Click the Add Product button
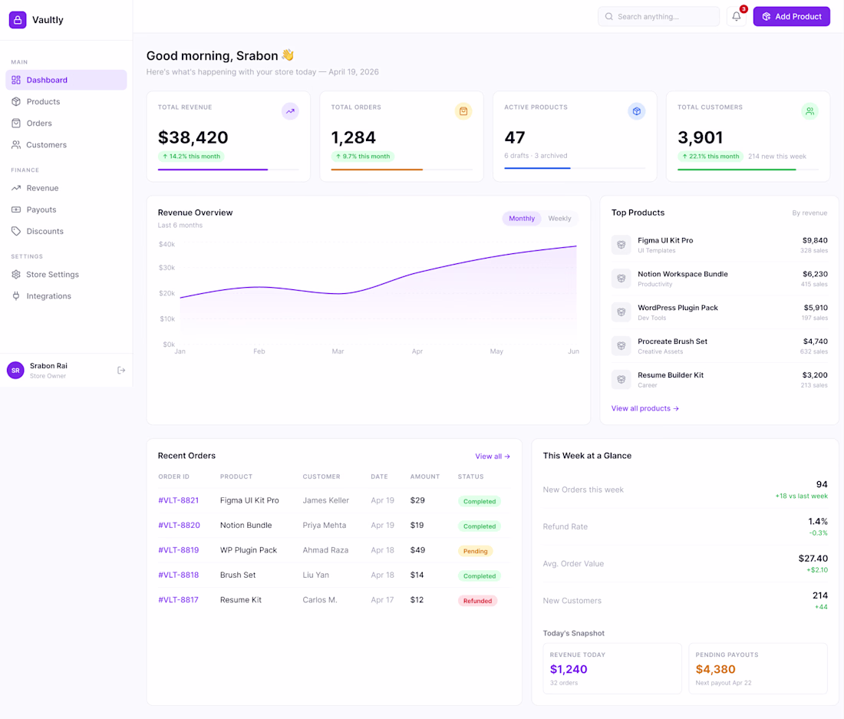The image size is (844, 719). (791, 17)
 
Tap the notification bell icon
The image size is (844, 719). (737, 17)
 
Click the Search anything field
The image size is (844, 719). (658, 17)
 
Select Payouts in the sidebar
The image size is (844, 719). (41, 209)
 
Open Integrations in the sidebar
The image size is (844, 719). (48, 296)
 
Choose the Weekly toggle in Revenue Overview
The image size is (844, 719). (559, 219)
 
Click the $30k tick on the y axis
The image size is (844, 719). (166, 268)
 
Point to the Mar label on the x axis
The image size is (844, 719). (338, 351)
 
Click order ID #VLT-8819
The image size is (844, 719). (178, 550)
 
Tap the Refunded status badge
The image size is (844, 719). (477, 601)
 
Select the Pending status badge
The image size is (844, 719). (476, 551)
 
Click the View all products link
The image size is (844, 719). (645, 409)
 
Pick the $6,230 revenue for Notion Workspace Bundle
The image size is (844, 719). (815, 274)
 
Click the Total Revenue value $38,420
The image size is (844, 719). (193, 138)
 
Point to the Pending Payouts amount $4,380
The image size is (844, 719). (715, 669)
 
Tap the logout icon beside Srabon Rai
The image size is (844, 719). (121, 371)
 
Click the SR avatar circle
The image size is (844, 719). (15, 371)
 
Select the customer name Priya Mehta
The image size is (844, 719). (324, 526)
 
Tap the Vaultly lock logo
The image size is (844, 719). (18, 20)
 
